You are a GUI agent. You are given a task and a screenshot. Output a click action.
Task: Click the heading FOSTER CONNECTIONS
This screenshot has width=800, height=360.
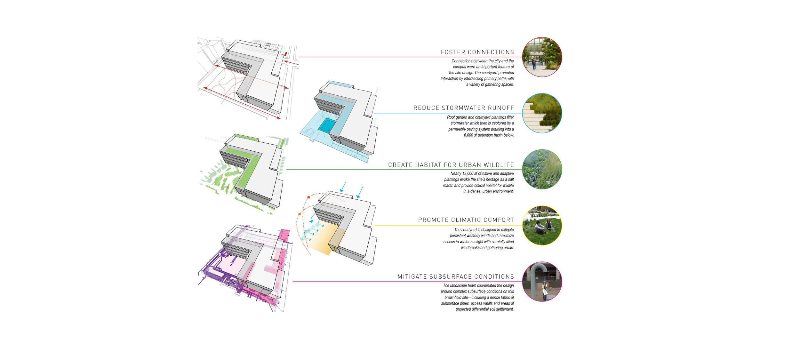477,52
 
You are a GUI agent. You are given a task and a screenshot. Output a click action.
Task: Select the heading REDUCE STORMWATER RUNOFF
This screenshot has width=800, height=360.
464,108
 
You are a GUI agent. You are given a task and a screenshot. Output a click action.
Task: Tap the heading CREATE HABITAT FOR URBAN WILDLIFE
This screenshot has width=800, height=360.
451,165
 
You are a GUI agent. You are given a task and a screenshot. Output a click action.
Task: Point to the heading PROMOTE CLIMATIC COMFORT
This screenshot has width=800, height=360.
466,220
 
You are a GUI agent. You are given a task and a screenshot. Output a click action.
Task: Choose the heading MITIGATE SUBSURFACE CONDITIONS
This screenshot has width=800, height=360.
456,276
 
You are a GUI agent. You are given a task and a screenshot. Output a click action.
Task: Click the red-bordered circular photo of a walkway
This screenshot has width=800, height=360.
542,57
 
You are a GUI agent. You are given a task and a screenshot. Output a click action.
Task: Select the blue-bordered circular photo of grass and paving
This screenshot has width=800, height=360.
542,113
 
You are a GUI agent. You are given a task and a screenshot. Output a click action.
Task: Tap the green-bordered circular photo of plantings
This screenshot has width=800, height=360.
542,169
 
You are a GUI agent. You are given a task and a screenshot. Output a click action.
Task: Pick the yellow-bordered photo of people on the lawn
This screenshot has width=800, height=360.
542,226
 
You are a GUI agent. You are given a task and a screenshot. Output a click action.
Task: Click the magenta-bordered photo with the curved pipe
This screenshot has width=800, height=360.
542,282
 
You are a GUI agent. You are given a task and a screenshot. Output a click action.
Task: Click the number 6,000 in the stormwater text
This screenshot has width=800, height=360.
469,135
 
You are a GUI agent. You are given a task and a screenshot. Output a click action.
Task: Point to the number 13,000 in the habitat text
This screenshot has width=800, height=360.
468,173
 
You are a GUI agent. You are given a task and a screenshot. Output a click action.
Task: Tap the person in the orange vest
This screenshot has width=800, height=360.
544,290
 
